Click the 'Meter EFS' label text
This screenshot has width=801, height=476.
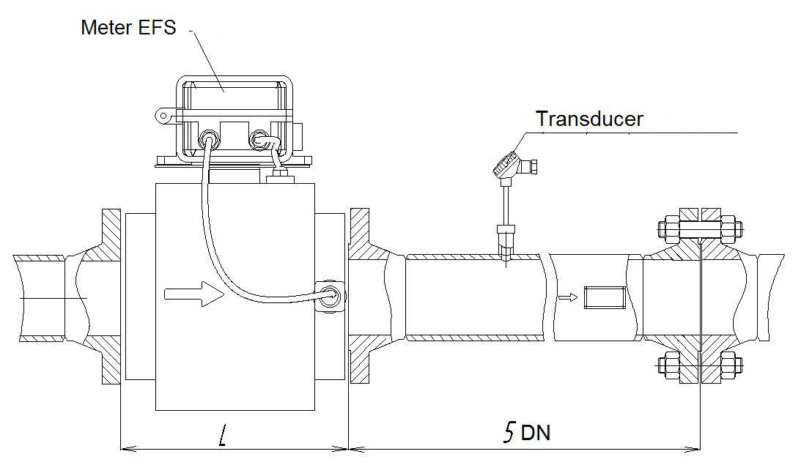pyautogui.click(x=128, y=28)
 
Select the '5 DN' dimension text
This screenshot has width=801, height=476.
pyautogui.click(x=525, y=432)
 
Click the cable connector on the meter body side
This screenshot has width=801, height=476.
pyautogui.click(x=330, y=296)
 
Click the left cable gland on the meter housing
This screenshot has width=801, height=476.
pyautogui.click(x=209, y=138)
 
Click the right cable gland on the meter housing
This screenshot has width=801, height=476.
pyautogui.click(x=260, y=138)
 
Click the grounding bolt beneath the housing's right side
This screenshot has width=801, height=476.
pyautogui.click(x=279, y=176)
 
